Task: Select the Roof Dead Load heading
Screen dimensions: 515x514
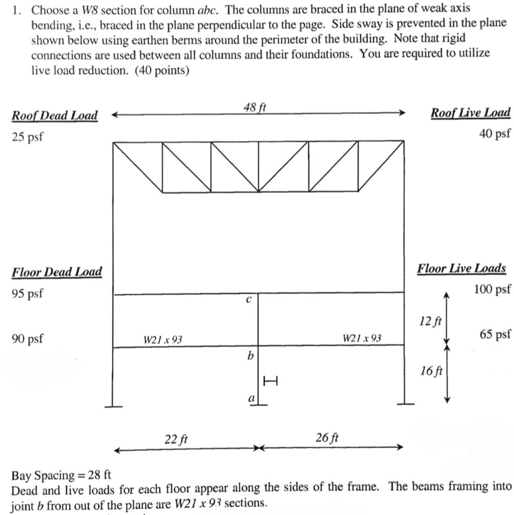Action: pyautogui.click(x=55, y=115)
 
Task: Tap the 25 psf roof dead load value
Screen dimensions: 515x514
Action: pyautogui.click(x=27, y=136)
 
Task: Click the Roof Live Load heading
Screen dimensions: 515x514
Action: pyautogui.click(x=470, y=113)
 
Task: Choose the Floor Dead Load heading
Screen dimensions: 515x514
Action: pyautogui.click(x=57, y=272)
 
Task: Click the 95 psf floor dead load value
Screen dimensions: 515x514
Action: pyautogui.click(x=27, y=293)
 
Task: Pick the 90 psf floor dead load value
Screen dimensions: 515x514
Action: pyautogui.click(x=27, y=338)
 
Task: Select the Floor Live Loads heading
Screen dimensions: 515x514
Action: pyautogui.click(x=461, y=268)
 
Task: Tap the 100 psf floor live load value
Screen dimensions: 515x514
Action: pyautogui.click(x=492, y=289)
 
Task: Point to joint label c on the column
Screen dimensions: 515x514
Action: pyautogui.click(x=248, y=300)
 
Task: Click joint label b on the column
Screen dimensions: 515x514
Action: pyautogui.click(x=249, y=356)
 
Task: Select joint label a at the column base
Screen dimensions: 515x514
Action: pyautogui.click(x=251, y=398)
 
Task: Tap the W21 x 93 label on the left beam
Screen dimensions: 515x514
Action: pyautogui.click(x=163, y=340)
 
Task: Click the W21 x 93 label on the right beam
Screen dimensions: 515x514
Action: pyautogui.click(x=362, y=338)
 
